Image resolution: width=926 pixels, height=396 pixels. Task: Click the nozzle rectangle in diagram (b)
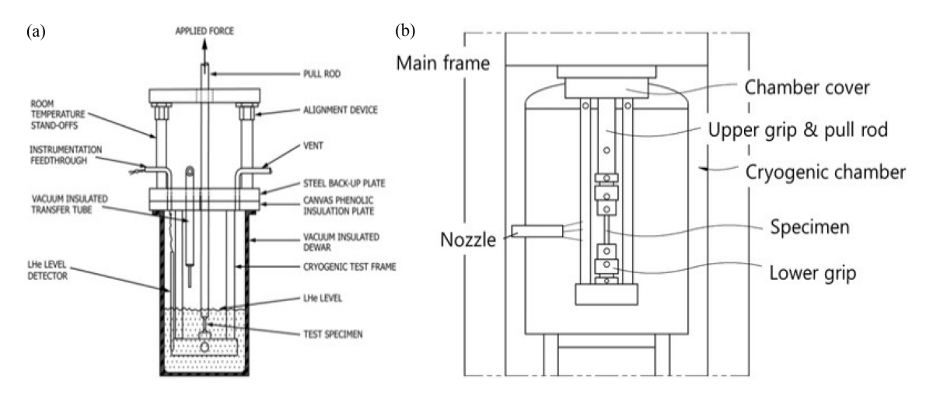(x=538, y=230)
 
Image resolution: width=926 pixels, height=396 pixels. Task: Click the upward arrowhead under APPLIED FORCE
(x=204, y=46)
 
